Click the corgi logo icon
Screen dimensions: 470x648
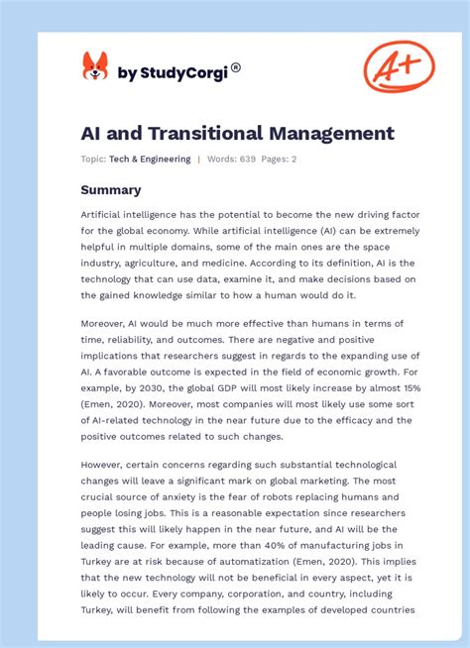[95, 67]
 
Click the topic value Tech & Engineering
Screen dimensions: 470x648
[151, 160]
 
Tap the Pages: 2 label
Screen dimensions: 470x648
[280, 160]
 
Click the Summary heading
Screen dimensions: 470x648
[110, 189]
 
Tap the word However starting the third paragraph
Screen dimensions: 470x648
[105, 465]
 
